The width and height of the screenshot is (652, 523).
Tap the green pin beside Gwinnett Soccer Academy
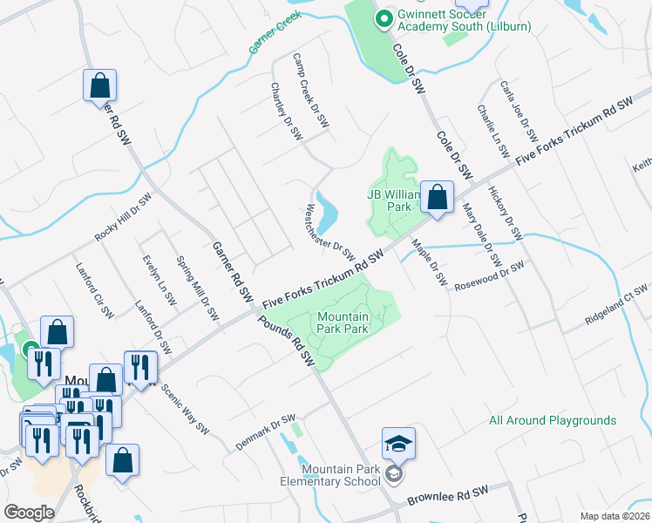pos(381,17)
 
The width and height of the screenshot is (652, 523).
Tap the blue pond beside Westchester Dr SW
pos(325,209)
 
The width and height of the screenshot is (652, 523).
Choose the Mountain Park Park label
pos(343,323)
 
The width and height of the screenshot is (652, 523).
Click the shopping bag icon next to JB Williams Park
pos(438,198)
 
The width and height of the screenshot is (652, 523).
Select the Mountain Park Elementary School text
pos(329,474)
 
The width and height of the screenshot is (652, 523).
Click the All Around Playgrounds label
pos(552,420)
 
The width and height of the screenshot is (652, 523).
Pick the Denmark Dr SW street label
pos(266,431)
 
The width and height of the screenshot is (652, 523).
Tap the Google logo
pos(29,513)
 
